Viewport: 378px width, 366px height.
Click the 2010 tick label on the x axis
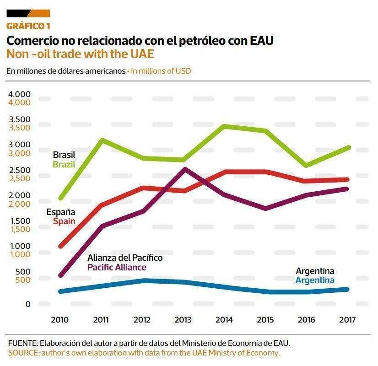[60, 319]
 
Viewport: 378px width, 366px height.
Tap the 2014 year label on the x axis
[225, 319]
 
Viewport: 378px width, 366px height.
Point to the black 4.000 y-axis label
[19, 94]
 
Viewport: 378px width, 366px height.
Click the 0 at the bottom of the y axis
[27, 304]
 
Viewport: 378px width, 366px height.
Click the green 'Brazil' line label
[64, 164]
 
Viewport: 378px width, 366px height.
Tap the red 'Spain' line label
[64, 221]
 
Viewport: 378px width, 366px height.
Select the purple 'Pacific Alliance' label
[117, 267]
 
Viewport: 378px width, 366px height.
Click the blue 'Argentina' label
[315, 280]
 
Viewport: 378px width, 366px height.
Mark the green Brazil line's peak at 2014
[224, 126]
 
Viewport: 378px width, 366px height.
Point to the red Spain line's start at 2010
[60, 246]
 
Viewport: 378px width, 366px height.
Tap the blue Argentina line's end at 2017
[348, 289]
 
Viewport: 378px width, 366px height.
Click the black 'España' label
[61, 212]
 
